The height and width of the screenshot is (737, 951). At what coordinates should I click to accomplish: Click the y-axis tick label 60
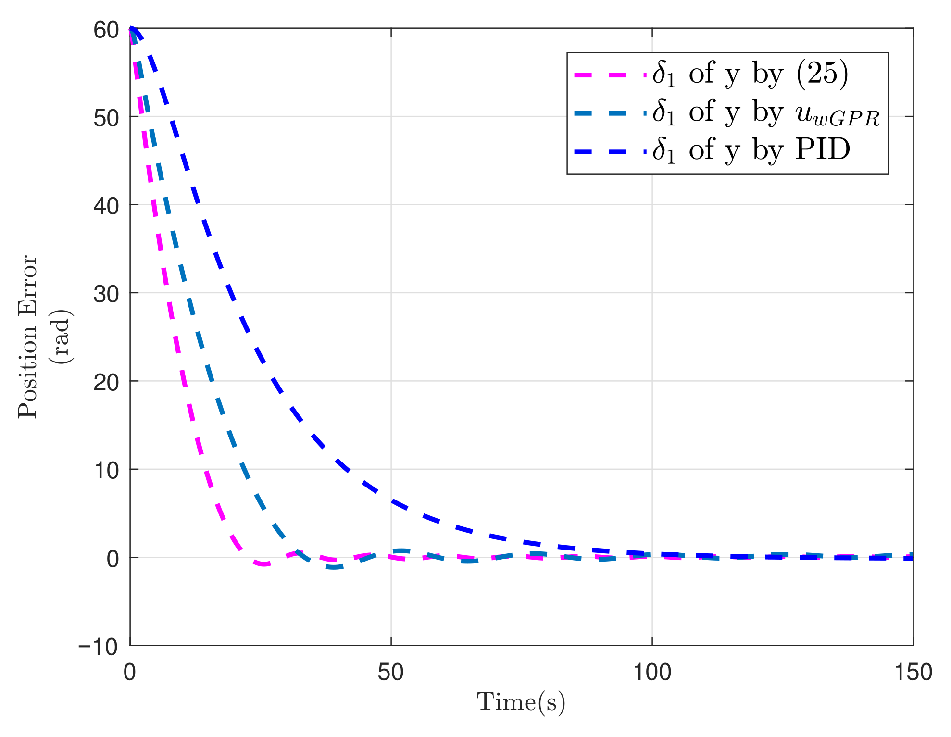tap(106, 30)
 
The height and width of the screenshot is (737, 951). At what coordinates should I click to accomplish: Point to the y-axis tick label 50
tap(106, 118)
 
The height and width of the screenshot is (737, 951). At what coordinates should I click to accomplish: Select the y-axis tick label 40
tap(106, 206)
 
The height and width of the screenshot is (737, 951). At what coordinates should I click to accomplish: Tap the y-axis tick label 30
tap(106, 294)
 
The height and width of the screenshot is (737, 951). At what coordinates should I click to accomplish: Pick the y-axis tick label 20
tap(106, 383)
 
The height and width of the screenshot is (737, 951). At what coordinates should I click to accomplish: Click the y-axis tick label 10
tap(106, 471)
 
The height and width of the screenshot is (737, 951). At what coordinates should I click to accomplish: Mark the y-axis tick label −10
tap(98, 647)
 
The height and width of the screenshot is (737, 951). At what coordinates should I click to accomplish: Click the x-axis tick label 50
tap(390, 672)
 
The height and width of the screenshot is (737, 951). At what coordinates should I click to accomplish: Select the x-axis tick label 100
tap(651, 672)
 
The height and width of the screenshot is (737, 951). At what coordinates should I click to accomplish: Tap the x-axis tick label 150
tap(913, 672)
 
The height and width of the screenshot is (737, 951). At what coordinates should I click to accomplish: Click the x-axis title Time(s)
tap(521, 702)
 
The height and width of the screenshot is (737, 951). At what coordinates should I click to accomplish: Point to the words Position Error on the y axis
tap(28, 337)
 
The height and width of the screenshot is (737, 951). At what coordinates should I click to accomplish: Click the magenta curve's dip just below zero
tap(263, 563)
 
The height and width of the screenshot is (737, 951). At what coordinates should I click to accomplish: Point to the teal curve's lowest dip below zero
tap(335, 567)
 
